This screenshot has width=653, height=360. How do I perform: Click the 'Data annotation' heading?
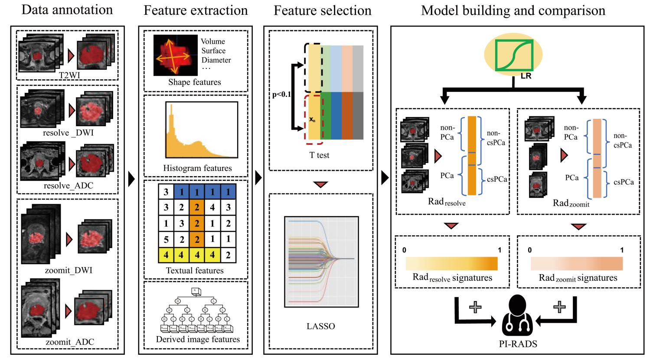pyautogui.click(x=67, y=10)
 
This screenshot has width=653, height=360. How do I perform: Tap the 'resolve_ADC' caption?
pyautogui.click(x=69, y=186)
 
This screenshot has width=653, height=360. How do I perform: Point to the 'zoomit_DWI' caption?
pyautogui.click(x=69, y=270)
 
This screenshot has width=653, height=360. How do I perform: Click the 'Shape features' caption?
pyautogui.click(x=195, y=82)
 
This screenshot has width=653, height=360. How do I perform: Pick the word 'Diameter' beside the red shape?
pyautogui.click(x=216, y=60)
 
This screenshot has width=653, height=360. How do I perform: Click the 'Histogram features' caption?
pyautogui.click(x=197, y=168)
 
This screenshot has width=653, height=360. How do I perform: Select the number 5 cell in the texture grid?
pyautogui.click(x=166, y=239)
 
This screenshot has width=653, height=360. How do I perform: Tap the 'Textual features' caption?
pyautogui.click(x=195, y=270)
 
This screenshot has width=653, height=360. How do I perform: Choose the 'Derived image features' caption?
pyautogui.click(x=198, y=339)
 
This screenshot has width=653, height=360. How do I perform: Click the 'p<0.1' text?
pyautogui.click(x=282, y=95)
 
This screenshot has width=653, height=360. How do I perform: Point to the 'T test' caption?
pyautogui.click(x=319, y=155)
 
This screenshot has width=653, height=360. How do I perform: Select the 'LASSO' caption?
pyautogui.click(x=320, y=326)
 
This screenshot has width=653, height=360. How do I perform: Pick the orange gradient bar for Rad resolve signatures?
pyautogui.click(x=451, y=264)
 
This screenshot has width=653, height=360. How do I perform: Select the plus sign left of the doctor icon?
pyautogui.click(x=476, y=307)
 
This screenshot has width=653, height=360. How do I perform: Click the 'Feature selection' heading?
pyautogui.click(x=322, y=10)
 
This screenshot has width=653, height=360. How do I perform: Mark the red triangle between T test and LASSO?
pyautogui.click(x=320, y=185)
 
